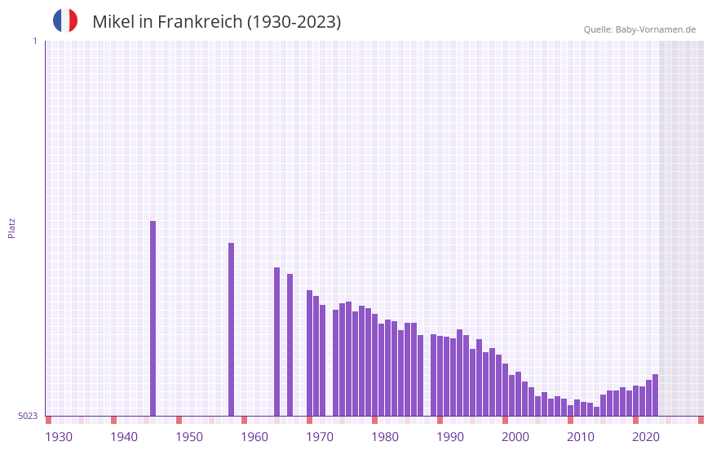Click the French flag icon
point(65,20)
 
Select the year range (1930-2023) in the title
point(294,22)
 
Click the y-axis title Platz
point(11,227)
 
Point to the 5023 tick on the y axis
point(28,416)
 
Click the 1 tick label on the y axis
point(34,41)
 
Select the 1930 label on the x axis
point(59,437)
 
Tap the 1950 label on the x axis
point(189,437)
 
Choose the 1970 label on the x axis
point(320,437)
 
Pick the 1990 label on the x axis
point(450,437)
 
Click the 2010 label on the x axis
point(581,437)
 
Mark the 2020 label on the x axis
point(646,437)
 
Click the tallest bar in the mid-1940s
point(153,318)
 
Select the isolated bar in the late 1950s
point(231,329)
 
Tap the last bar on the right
point(655,395)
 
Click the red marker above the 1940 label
point(113,420)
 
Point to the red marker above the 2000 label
point(505,420)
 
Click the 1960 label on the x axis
point(254,437)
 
